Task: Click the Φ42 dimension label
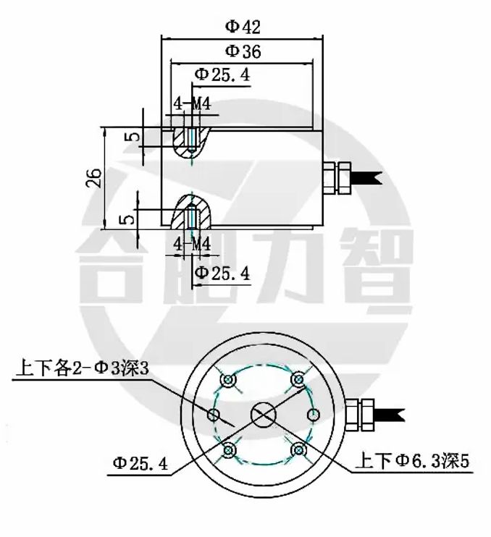click(x=243, y=27)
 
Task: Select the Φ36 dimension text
click(x=243, y=51)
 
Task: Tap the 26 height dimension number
click(x=93, y=177)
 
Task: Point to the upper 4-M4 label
click(x=192, y=103)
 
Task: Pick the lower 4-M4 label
click(x=192, y=245)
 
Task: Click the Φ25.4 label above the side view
click(x=222, y=75)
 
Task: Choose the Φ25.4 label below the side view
click(x=222, y=274)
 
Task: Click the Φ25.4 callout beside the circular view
click(x=140, y=463)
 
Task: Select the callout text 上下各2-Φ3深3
click(x=83, y=369)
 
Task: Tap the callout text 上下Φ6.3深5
click(x=412, y=461)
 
